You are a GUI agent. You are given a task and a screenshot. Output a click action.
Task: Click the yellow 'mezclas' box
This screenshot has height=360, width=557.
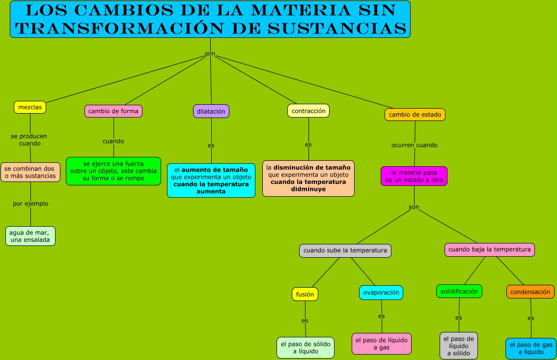point(30,107)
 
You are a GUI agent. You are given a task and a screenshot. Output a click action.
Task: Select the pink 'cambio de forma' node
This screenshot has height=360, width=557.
point(113,111)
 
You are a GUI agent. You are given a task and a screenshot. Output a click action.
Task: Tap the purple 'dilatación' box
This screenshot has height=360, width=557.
point(211,111)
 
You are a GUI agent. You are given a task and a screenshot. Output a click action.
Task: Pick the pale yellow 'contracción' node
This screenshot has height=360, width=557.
point(308,111)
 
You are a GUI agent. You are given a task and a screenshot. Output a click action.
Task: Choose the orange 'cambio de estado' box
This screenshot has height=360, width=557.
point(415,115)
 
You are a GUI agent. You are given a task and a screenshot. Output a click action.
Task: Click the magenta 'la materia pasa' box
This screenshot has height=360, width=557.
point(414,176)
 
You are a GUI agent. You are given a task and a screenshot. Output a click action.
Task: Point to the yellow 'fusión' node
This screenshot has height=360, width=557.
point(305,294)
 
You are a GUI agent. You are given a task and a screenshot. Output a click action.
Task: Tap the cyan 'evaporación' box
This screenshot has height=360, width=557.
point(381,292)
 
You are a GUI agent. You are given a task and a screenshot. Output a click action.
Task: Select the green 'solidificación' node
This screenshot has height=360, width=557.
point(459,291)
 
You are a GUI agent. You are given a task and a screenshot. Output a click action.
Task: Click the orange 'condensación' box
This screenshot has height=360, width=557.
point(530,292)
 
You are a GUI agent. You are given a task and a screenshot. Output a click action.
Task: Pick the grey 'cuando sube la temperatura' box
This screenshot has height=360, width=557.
point(345,250)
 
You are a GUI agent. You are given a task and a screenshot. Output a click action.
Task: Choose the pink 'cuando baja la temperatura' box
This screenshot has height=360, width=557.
point(490,249)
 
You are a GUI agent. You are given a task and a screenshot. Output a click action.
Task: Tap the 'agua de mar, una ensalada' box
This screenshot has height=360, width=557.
point(30,236)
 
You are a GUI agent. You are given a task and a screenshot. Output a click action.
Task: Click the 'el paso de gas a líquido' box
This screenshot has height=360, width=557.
point(530,348)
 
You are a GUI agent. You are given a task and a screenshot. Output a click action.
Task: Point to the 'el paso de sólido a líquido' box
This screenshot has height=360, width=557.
point(306,348)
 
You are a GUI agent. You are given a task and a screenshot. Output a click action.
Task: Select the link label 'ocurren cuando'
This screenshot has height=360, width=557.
point(414,145)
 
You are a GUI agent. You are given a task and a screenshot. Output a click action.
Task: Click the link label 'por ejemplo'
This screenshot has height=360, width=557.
point(30,204)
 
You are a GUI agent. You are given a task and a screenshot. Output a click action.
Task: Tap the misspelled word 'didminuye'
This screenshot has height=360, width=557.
point(308,189)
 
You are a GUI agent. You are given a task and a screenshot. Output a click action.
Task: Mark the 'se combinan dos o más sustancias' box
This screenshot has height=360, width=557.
point(30,172)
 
